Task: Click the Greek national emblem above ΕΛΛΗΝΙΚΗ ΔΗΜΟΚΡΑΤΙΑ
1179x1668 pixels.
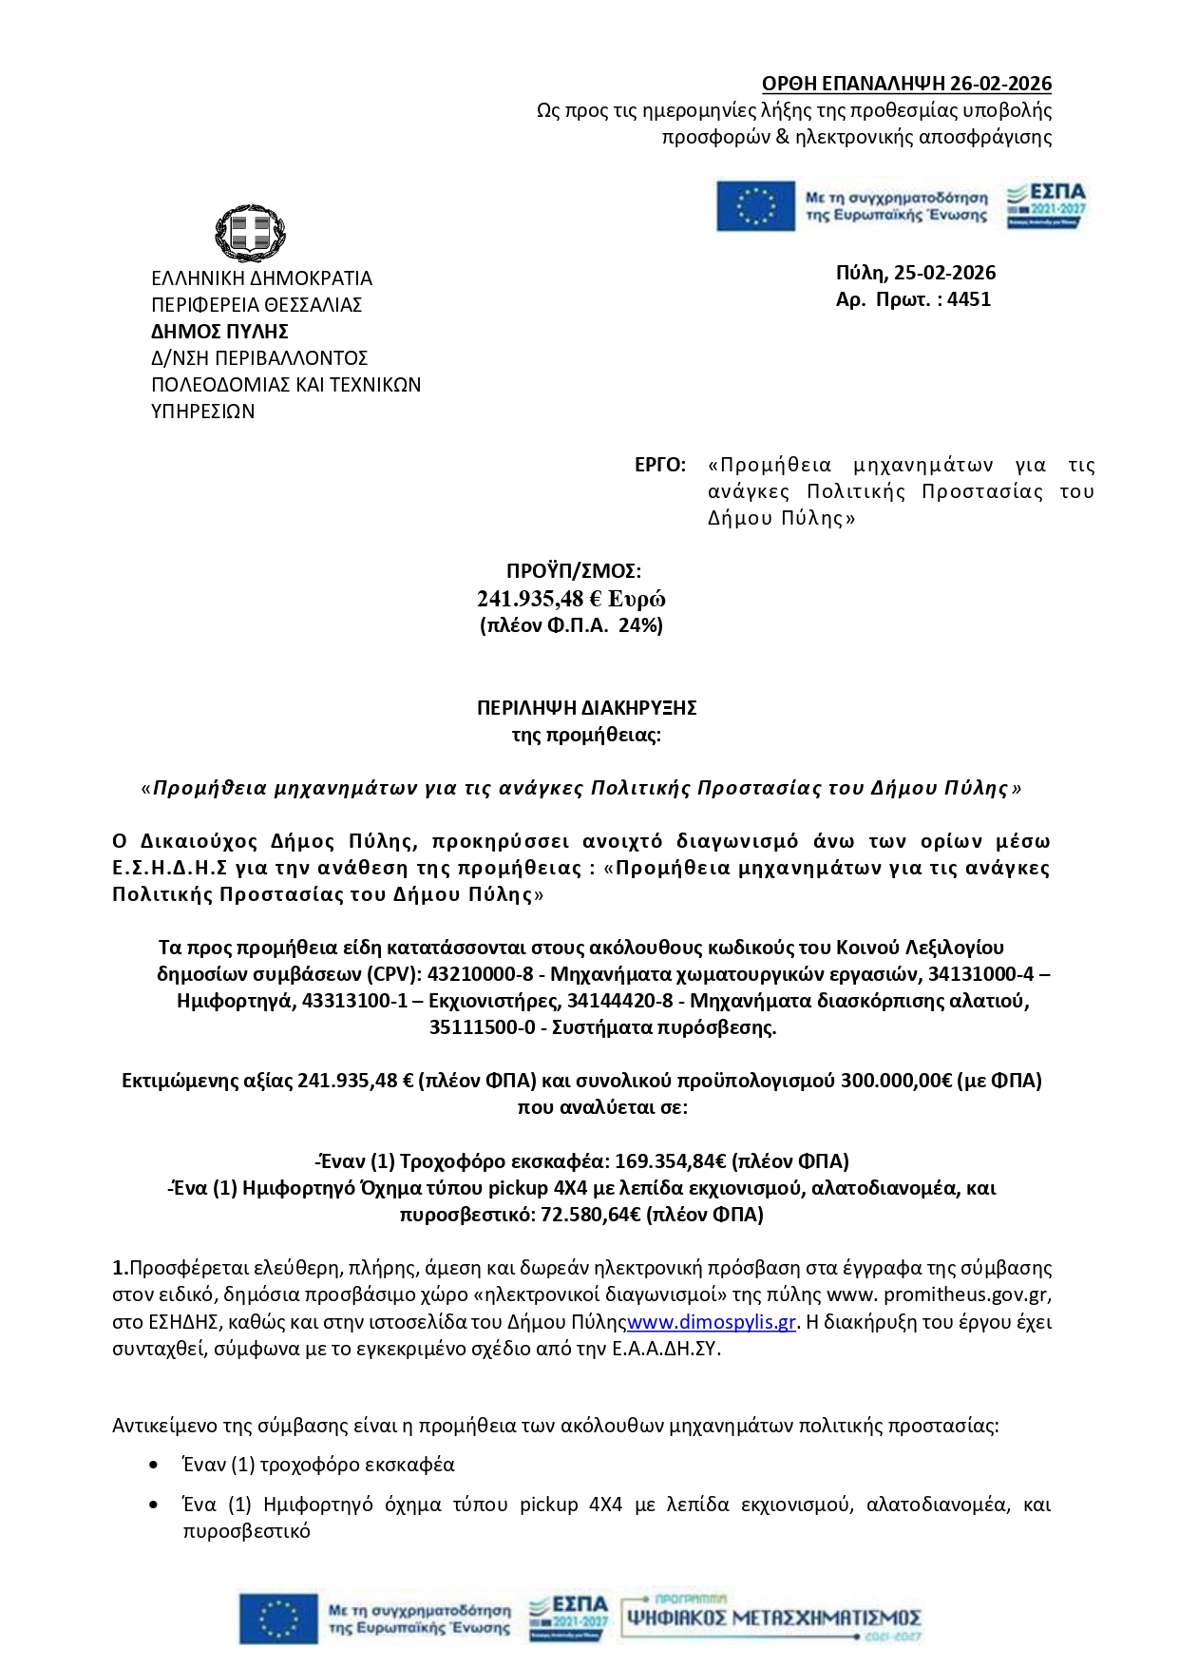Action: pyautogui.click(x=250, y=233)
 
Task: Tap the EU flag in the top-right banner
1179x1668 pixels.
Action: pyautogui.click(x=755, y=206)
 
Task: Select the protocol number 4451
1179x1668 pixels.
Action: pyautogui.click(x=969, y=299)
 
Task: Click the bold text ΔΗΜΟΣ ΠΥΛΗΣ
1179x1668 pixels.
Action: pyautogui.click(x=219, y=332)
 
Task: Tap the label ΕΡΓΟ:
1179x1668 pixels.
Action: pyautogui.click(x=659, y=465)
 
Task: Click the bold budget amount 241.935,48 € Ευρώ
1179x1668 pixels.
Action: pyautogui.click(x=571, y=599)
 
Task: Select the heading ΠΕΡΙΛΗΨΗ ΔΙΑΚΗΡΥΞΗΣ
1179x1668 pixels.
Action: pyautogui.click(x=586, y=708)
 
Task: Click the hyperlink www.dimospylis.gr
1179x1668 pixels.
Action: pyautogui.click(x=712, y=1322)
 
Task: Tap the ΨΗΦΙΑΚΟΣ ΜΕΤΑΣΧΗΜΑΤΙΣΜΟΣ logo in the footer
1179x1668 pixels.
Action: pyautogui.click(x=771, y=1618)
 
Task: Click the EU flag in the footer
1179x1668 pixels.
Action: pyautogui.click(x=278, y=1619)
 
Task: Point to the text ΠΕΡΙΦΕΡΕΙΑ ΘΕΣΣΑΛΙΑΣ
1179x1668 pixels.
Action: pyautogui.click(x=257, y=305)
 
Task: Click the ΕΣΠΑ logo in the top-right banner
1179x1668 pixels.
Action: pyautogui.click(x=1046, y=205)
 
